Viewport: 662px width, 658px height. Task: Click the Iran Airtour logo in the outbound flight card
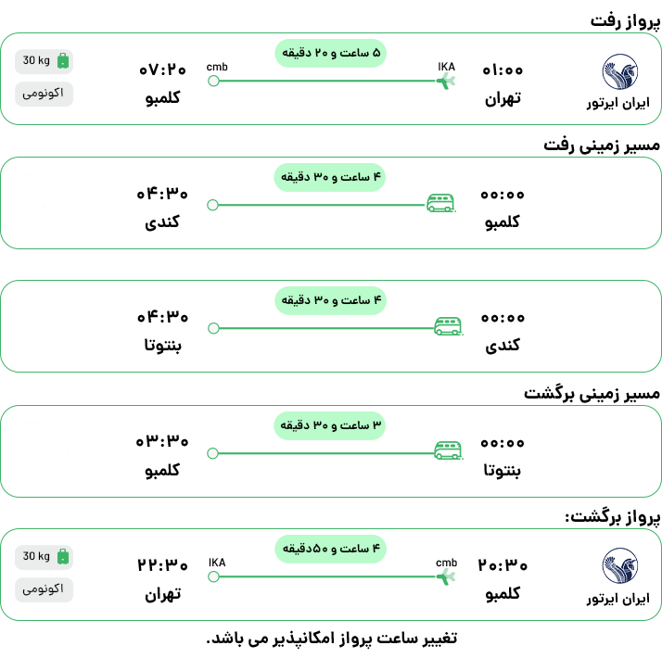point(619,71)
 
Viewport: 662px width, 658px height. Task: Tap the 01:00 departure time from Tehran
point(503,70)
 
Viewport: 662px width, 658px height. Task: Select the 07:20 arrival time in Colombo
point(162,70)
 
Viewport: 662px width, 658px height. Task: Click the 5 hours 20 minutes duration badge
point(331,53)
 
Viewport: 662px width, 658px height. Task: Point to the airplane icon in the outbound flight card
point(446,81)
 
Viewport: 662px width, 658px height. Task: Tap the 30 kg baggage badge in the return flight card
point(44,557)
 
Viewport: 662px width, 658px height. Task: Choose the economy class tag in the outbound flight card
point(44,94)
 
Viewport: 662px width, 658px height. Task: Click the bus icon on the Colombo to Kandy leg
point(440,203)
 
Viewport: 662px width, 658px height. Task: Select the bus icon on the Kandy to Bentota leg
point(449,326)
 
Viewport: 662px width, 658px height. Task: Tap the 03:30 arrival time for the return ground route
point(162,441)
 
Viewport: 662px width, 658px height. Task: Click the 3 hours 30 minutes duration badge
point(330,425)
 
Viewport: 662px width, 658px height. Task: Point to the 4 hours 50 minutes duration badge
point(331,549)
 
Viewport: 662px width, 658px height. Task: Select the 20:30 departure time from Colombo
point(503,565)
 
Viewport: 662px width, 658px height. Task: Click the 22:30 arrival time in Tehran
point(162,565)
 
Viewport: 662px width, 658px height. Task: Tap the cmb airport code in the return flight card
point(446,563)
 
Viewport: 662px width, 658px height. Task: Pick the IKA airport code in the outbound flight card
point(446,67)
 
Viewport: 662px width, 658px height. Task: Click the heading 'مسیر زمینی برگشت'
point(592,394)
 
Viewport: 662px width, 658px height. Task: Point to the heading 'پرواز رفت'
point(625,21)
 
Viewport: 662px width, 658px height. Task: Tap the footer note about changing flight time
point(332,639)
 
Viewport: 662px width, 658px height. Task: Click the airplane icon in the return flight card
point(446,577)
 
